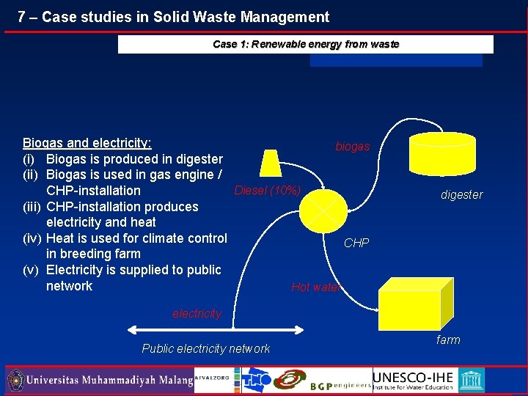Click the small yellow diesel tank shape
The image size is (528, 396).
click(271, 163)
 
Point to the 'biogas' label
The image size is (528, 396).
click(352, 147)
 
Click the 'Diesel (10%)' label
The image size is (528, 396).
click(267, 191)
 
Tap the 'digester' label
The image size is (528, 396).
click(461, 195)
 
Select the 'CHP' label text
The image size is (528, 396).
click(356, 243)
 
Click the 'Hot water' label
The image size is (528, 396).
click(315, 287)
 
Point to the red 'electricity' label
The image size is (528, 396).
click(197, 314)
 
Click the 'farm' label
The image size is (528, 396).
click(448, 340)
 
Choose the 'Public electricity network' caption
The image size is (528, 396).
click(205, 349)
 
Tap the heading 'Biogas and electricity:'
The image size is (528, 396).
click(87, 143)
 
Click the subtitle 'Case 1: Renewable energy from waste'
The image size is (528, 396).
click(306, 44)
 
